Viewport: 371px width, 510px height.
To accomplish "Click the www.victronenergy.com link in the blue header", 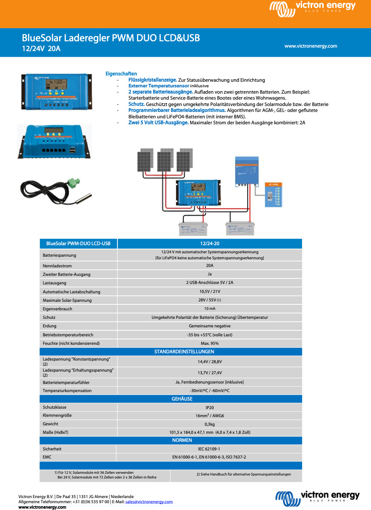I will (311, 46).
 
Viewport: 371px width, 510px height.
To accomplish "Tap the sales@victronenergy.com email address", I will (149, 501).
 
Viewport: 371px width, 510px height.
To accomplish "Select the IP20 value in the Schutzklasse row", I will (209, 407).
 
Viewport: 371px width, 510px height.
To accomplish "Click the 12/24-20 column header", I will (209, 244).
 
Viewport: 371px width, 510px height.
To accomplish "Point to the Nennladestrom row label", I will (57, 266).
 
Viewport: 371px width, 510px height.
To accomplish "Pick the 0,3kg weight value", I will (209, 424).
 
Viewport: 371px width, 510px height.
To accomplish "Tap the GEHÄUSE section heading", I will (182, 399).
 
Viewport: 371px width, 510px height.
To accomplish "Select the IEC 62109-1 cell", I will (209, 449).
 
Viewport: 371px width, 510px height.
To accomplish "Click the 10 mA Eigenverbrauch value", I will (209, 309).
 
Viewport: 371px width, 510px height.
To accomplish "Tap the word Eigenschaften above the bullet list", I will (121, 74).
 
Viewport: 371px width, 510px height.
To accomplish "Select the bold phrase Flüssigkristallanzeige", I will (153, 80).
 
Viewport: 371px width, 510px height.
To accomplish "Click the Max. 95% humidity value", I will (209, 343).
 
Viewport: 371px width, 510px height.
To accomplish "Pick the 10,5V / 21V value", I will (209, 292).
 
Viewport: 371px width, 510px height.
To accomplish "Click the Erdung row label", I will (49, 326).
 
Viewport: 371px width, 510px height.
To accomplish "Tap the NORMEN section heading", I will (182, 440).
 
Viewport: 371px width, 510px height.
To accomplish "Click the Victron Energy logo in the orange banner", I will (313, 9).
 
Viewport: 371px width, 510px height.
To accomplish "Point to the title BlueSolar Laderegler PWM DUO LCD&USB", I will (111, 38).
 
